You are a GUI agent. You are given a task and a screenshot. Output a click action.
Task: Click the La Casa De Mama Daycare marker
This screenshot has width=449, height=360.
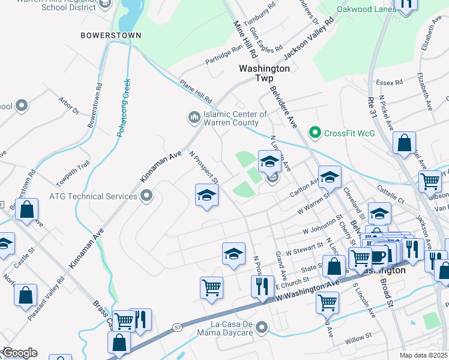pos(261,328)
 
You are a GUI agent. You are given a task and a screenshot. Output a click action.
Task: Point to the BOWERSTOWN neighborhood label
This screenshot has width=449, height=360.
pos(111,35)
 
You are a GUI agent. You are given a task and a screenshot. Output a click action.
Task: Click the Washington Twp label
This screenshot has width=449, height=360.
pos(264,73)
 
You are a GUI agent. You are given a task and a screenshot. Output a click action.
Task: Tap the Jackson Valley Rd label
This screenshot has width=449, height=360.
pos(309,38)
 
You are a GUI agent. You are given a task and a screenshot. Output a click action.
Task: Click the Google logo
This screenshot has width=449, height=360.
pos(19,353)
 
